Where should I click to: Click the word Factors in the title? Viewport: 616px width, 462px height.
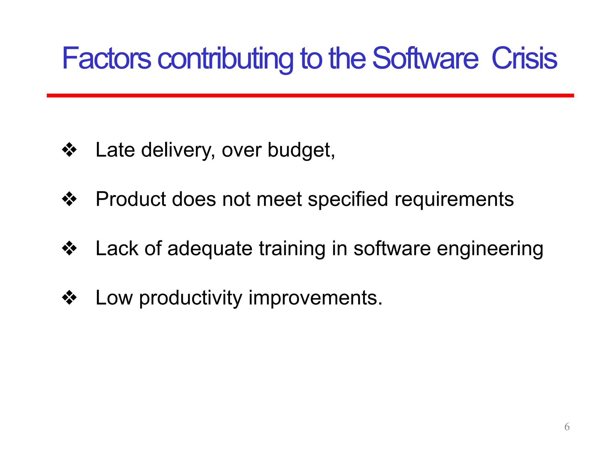[106, 58]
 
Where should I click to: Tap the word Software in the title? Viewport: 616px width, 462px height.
[425, 58]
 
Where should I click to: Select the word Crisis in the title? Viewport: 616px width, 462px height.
[524, 58]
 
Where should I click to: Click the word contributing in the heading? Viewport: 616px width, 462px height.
[225, 59]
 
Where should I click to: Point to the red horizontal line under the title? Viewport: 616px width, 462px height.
[310, 95]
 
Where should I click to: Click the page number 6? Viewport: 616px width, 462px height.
[567, 427]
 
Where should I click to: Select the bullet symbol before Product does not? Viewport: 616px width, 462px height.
[69, 199]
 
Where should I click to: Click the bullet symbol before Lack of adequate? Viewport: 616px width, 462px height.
[69, 248]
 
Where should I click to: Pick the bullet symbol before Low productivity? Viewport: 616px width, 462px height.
[69, 297]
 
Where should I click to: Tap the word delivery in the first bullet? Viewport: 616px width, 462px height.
[177, 150]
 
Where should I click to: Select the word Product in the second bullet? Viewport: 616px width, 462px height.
[131, 199]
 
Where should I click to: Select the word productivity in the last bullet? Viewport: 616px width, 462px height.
[190, 298]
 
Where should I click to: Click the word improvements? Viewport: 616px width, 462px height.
[315, 298]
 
